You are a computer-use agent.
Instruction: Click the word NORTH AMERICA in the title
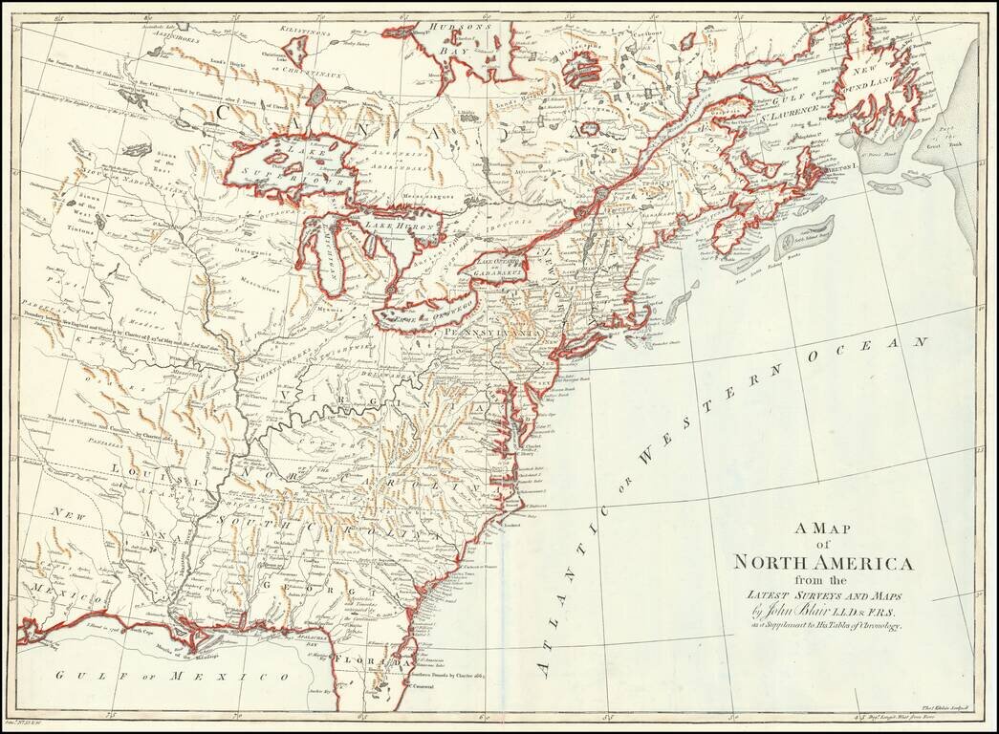(823, 562)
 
